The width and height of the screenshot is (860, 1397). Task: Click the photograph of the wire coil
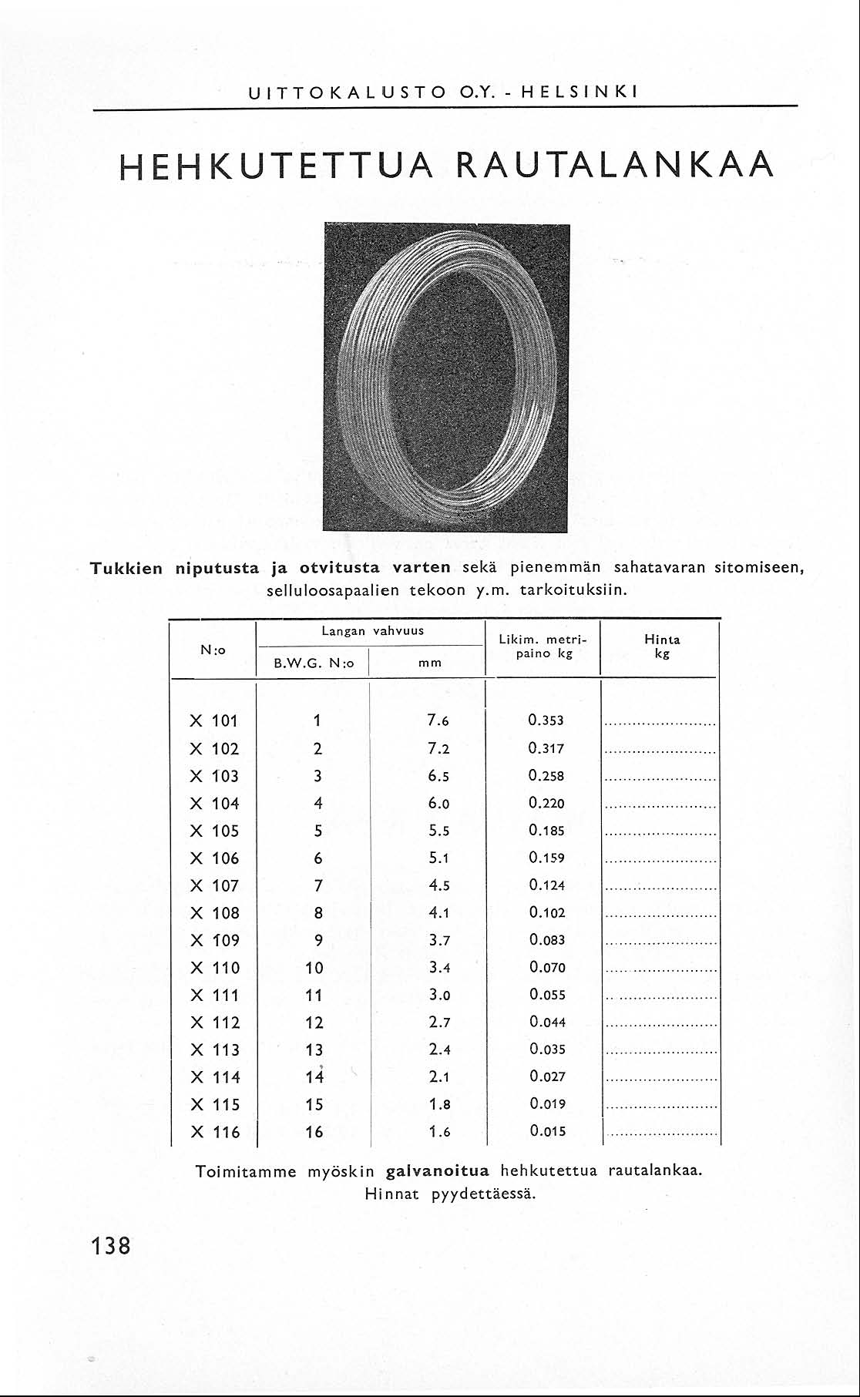coord(445,378)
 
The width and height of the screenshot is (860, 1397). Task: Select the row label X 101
coord(214,721)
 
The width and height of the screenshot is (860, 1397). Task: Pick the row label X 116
coord(214,1133)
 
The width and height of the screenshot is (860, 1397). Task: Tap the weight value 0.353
coord(546,721)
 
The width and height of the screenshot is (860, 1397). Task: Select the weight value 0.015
coord(546,1132)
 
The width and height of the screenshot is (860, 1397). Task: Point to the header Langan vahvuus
coord(372,630)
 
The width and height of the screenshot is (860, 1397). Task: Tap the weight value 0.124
coord(546,885)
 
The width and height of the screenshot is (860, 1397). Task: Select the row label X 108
coord(214,913)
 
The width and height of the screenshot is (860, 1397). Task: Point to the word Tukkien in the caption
coord(127,569)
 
